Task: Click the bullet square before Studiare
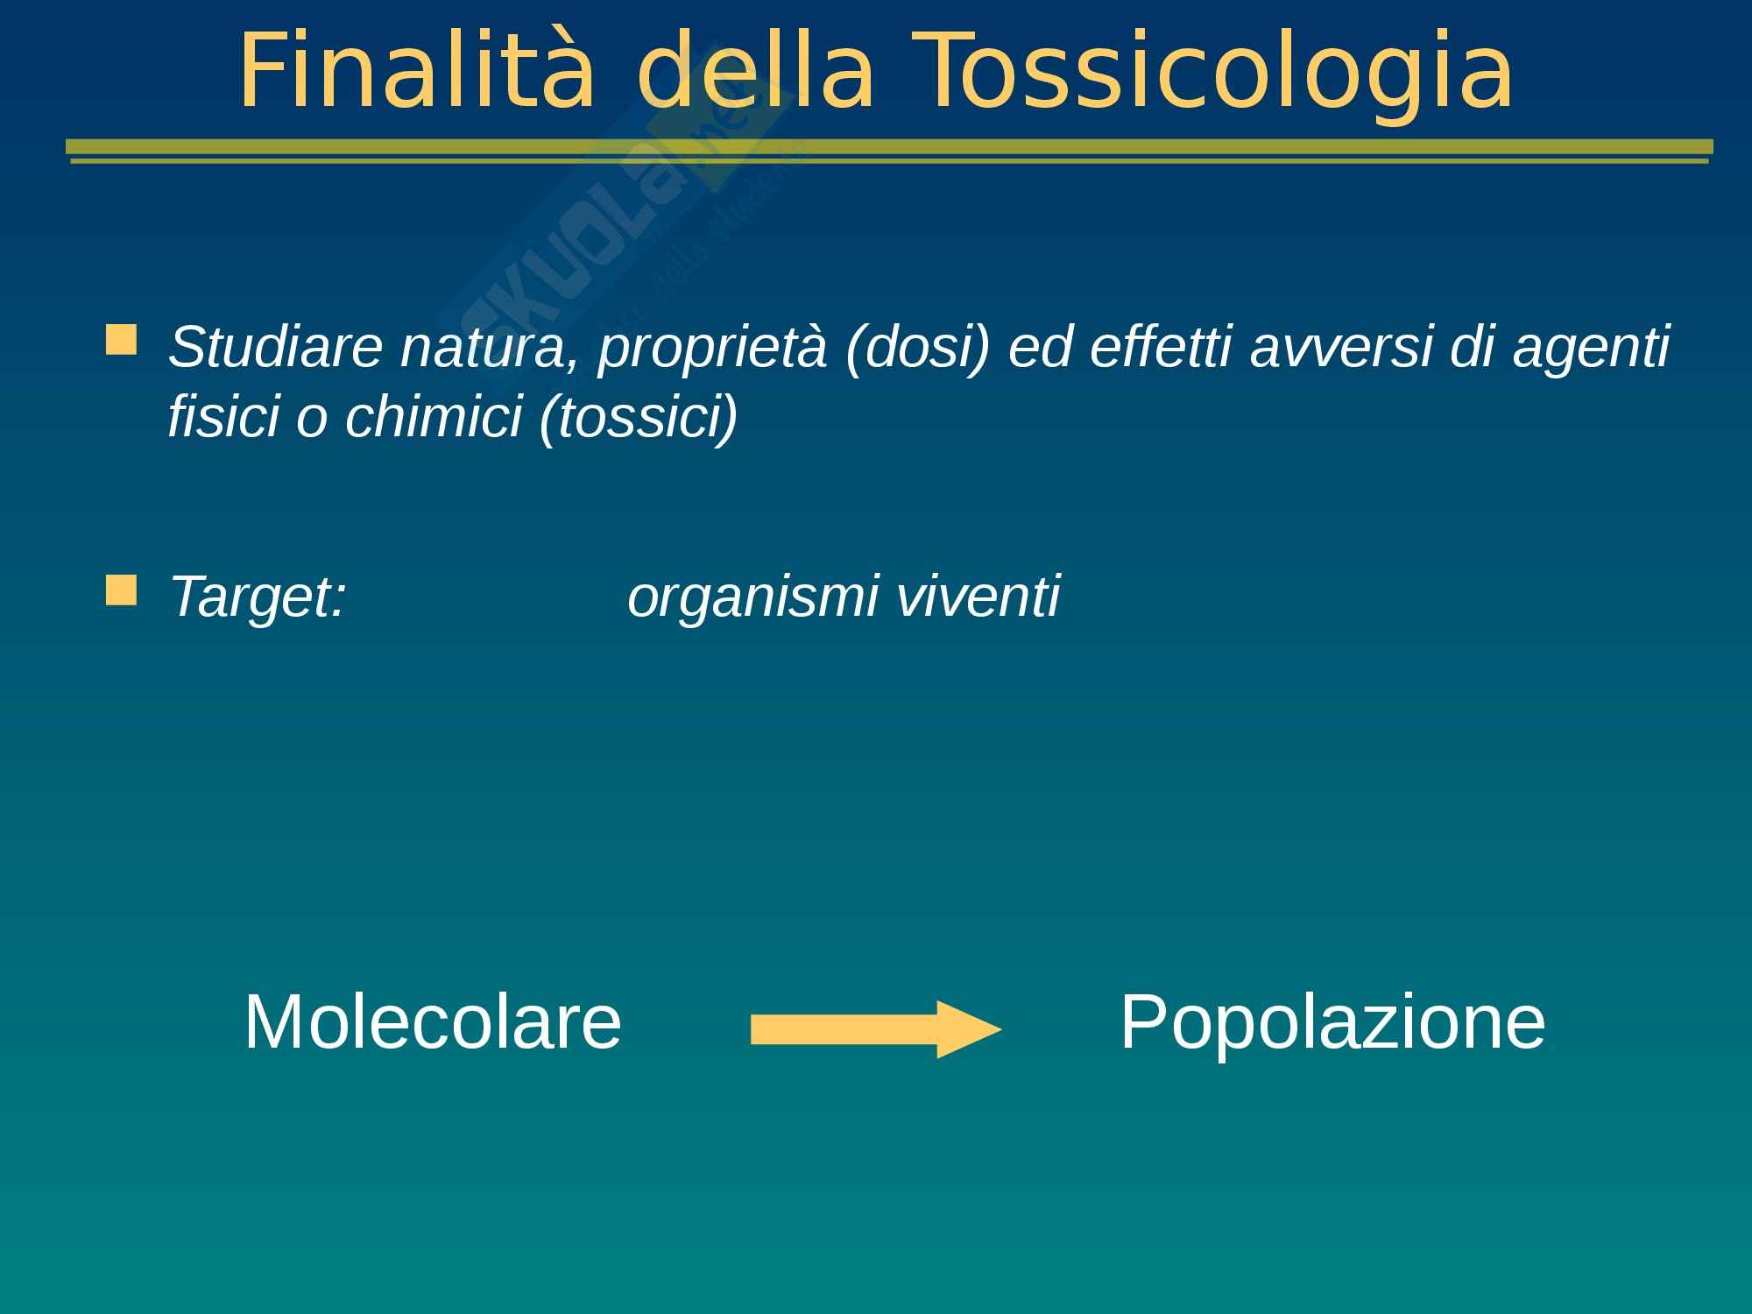coord(121,340)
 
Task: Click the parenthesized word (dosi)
coord(917,348)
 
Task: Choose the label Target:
coord(258,597)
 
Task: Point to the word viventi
coord(978,596)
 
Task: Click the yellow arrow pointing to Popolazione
coord(876,1029)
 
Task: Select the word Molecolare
coord(433,1021)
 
